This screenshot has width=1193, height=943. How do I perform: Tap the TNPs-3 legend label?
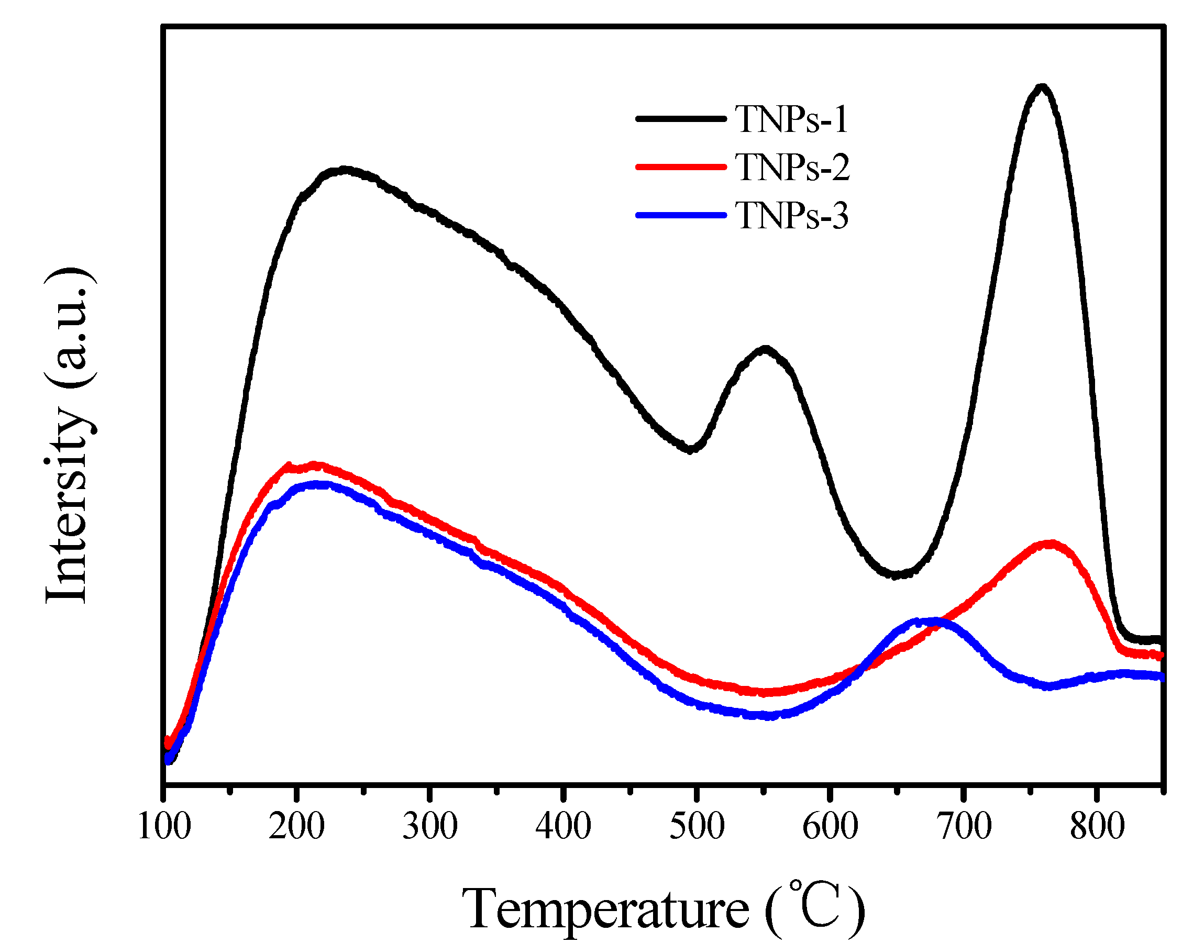(x=792, y=215)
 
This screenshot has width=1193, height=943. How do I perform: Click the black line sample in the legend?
(x=681, y=118)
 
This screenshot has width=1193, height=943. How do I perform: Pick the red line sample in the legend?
(x=681, y=166)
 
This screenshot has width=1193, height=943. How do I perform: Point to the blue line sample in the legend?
(x=681, y=215)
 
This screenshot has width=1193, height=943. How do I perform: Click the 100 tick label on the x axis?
(x=164, y=827)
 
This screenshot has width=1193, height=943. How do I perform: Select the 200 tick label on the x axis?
(x=297, y=827)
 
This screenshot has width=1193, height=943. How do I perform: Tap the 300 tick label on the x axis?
(x=430, y=827)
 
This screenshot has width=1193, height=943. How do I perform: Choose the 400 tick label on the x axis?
(x=564, y=827)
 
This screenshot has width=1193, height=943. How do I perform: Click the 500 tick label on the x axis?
(x=697, y=827)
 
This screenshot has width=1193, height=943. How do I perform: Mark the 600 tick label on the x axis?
(x=830, y=827)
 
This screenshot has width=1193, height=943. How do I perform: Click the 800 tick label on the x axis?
(x=1097, y=827)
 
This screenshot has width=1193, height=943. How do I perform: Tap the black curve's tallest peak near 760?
(x=1041, y=87)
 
